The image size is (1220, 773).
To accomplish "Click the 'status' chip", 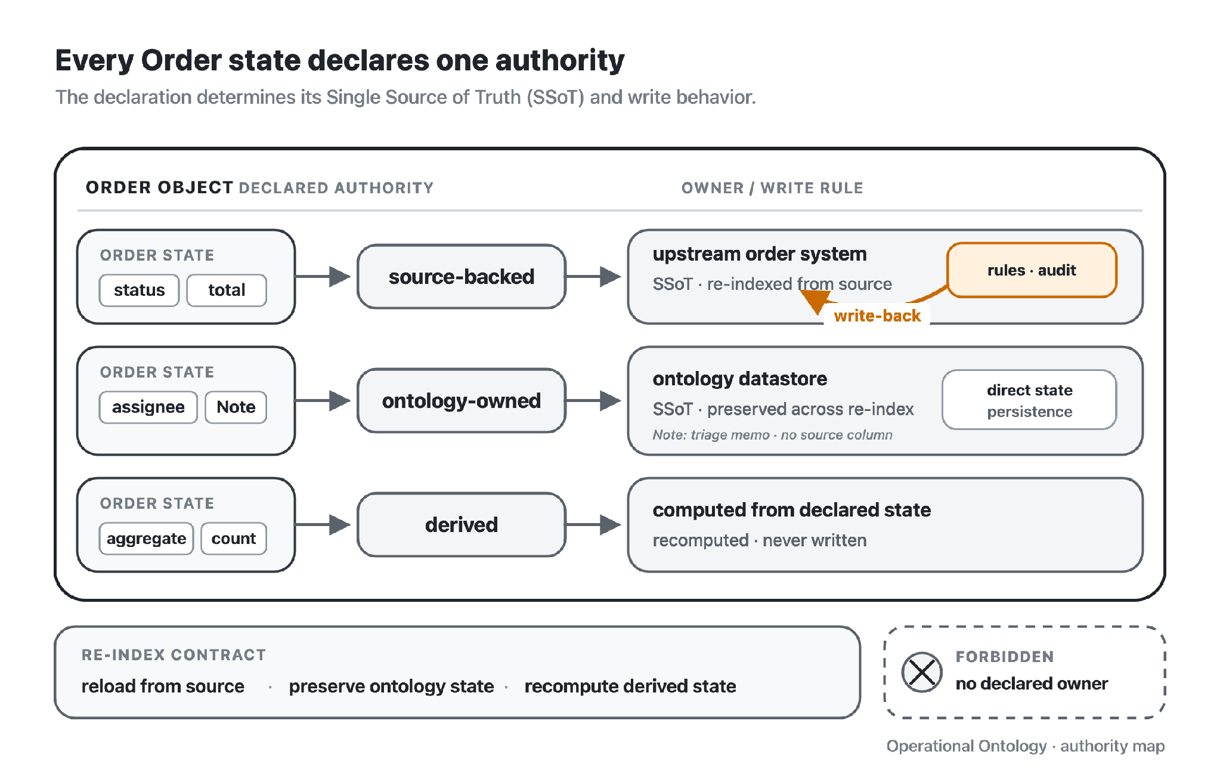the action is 139,290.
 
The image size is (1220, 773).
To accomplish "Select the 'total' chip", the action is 227,290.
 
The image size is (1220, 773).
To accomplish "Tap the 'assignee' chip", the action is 148,407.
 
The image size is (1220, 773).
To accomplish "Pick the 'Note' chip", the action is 236,407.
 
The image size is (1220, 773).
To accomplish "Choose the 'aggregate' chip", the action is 146,539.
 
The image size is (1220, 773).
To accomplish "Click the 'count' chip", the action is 234,539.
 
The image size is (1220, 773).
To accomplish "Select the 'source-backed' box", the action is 462,277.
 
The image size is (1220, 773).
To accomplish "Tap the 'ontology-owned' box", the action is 462,401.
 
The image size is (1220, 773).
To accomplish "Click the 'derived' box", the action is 462,525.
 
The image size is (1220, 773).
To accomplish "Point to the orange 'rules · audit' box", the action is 1032,270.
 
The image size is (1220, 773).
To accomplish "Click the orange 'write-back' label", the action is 877,316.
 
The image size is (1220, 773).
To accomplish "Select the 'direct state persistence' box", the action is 1029,400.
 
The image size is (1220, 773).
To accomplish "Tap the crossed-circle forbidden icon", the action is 922,672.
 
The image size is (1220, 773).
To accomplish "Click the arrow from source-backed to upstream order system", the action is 593,277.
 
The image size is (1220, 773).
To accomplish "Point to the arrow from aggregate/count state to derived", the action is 323,525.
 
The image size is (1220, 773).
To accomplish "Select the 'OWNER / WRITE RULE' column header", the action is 772,188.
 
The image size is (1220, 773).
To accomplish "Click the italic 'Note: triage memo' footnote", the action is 772,435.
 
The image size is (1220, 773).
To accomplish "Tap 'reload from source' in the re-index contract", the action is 163,687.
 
